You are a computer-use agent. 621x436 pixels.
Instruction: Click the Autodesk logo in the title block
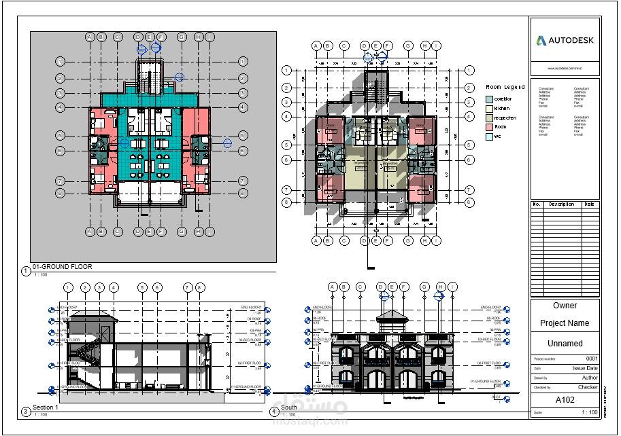click(565, 41)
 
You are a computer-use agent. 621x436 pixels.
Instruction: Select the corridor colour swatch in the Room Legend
click(489, 99)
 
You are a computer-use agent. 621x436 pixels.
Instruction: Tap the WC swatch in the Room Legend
click(489, 137)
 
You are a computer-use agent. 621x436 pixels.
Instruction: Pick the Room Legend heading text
click(505, 87)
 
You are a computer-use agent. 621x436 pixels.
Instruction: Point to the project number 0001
click(592, 359)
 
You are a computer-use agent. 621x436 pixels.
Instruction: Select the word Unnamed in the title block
click(565, 344)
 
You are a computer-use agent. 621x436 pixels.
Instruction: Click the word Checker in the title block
click(588, 387)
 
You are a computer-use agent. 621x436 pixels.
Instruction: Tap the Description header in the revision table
click(562, 204)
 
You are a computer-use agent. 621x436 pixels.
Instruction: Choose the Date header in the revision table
click(589, 204)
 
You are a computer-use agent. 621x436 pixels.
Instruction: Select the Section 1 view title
click(46, 407)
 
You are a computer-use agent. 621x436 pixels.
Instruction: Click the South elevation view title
click(289, 408)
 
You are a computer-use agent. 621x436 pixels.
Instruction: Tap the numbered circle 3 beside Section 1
click(25, 411)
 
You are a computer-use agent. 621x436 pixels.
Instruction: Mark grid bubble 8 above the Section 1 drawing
click(200, 288)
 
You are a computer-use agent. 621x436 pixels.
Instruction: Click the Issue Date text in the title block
click(585, 368)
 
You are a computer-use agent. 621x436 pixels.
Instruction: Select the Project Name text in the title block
click(565, 323)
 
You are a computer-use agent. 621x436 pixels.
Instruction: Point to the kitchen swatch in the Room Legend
click(489, 109)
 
